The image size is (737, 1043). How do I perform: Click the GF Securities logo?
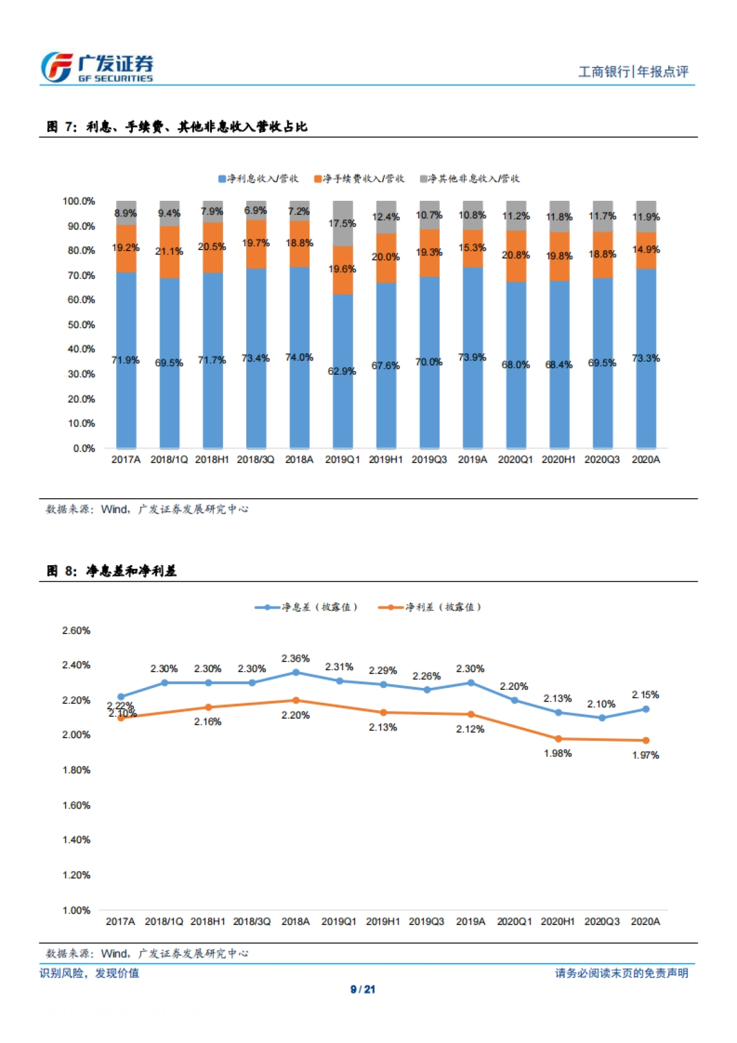96,68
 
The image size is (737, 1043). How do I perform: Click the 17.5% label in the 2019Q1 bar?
342,224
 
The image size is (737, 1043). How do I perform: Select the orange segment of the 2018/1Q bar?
170,252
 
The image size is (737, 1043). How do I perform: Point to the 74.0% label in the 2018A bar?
299,357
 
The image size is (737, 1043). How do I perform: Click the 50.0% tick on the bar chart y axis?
81,324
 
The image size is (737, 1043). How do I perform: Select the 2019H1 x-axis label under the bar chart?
385,459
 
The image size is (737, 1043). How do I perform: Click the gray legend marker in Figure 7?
423,179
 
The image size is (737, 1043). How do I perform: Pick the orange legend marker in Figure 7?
318,179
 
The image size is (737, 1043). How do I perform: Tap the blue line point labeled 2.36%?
296,673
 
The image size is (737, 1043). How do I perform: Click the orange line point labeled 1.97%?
645,740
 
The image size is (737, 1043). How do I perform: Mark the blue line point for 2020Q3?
602,717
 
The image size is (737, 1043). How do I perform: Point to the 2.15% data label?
645,695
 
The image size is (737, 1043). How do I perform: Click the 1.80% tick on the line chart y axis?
76,770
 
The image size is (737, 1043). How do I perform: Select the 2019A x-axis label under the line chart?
470,921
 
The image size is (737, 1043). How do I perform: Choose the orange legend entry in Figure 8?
430,607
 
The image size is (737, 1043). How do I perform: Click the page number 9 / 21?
363,989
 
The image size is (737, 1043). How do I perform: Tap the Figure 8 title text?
112,571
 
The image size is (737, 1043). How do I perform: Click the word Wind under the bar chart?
114,509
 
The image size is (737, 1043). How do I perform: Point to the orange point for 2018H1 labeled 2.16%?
208,708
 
